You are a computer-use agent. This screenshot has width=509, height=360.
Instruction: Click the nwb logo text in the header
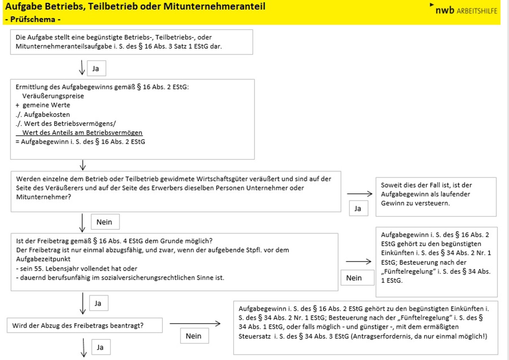tap(445, 11)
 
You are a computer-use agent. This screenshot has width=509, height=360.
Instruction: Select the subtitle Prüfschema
tap(33, 20)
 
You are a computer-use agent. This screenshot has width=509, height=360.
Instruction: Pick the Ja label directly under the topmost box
tap(96, 68)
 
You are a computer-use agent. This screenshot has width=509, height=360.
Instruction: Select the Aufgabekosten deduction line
tap(42, 114)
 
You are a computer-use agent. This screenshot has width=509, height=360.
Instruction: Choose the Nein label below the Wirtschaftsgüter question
tap(105, 222)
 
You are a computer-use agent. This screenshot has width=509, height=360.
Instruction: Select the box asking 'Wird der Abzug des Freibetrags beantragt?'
tap(85, 326)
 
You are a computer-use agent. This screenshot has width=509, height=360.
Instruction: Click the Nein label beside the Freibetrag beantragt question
tap(193, 336)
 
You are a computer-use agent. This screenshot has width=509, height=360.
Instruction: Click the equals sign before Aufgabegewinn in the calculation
tap(17, 142)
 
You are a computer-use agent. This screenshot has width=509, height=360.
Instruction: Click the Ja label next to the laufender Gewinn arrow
tap(358, 208)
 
